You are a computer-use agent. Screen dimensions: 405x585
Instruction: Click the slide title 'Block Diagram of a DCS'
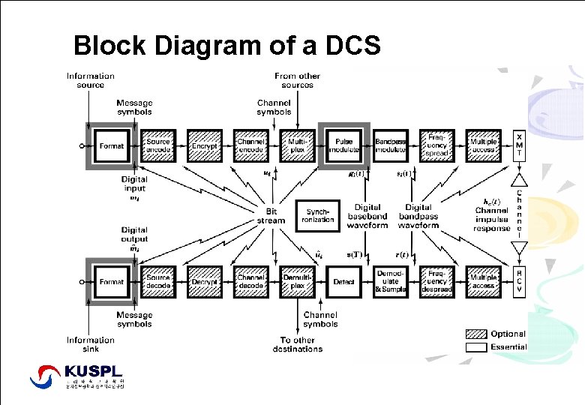pos(227,46)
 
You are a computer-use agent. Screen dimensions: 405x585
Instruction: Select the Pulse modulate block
pos(344,145)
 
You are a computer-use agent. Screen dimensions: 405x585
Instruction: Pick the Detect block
pos(344,282)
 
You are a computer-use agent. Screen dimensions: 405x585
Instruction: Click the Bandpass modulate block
pos(391,145)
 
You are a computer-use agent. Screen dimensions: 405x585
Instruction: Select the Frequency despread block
pos(437,282)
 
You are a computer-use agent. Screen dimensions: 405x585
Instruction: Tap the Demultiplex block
pos(298,282)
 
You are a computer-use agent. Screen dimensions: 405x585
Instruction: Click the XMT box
pos(519,145)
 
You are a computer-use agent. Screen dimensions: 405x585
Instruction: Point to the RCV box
pos(519,281)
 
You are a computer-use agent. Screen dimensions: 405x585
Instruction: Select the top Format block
pos(112,145)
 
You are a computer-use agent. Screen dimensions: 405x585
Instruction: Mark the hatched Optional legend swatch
pos(476,334)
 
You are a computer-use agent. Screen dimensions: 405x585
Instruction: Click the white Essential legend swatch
pos(476,347)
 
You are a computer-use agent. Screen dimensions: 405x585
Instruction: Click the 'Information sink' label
pos(91,344)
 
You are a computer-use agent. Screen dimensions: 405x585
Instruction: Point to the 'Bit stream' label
pos(271,216)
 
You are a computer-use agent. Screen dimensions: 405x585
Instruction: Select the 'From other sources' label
pos(298,80)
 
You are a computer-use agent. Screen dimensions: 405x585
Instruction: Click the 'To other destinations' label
pos(297,344)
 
